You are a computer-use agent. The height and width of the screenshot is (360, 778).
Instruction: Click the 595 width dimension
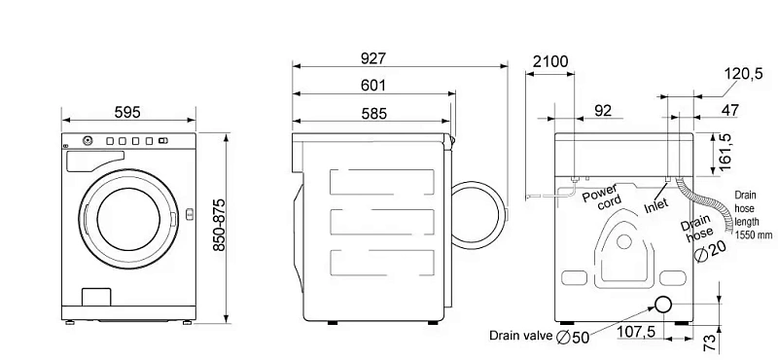tap(127, 112)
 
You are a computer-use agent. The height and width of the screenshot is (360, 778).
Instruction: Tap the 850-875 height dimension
tap(219, 225)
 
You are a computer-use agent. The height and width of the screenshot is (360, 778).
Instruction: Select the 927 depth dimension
tap(373, 58)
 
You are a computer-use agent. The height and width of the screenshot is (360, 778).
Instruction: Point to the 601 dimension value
tap(373, 86)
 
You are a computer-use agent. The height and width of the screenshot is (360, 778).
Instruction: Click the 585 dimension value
tap(373, 114)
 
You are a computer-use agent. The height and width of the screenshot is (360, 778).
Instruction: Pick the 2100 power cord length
tap(550, 61)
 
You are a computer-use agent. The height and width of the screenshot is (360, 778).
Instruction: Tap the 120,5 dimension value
tap(743, 74)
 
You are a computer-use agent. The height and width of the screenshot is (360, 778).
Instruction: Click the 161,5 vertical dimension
tap(725, 152)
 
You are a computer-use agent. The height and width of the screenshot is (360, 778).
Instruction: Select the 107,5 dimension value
tap(637, 331)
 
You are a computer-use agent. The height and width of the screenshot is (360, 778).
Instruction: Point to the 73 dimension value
tap(711, 341)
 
